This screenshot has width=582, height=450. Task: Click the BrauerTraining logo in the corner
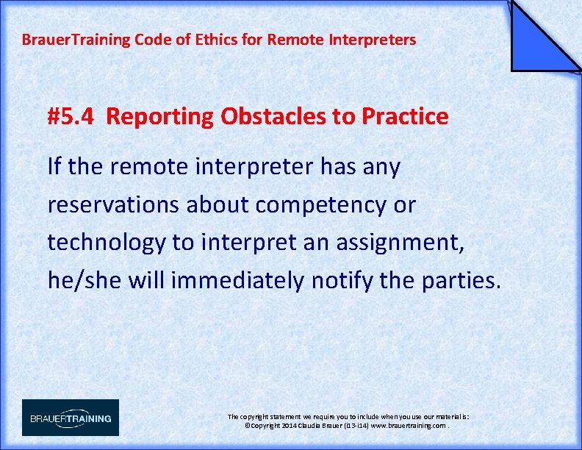(71, 418)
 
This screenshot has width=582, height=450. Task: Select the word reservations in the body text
(113, 205)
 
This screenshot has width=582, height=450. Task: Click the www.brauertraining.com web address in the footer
(409, 426)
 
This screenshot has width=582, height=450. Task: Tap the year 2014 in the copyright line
(287, 426)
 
